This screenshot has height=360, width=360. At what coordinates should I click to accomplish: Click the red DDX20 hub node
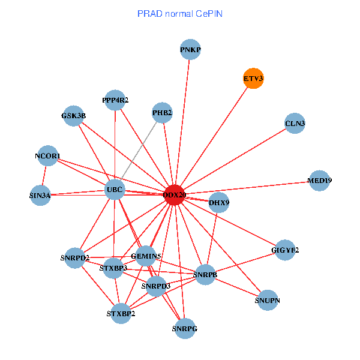[174, 195]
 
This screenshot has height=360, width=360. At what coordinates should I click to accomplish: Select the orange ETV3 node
[253, 79]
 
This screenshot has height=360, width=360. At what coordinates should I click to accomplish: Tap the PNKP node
[190, 50]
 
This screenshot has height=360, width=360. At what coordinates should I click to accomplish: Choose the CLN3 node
[295, 124]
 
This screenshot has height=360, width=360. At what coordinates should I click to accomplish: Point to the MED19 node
[319, 180]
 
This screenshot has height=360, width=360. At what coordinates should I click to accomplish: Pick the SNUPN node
[268, 300]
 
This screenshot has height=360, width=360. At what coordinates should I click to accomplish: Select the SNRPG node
[185, 328]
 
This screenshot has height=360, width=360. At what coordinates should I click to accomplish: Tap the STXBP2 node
[121, 313]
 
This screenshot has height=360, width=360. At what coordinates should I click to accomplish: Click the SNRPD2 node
[74, 258]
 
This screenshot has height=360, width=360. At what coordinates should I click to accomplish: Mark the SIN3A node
[40, 195]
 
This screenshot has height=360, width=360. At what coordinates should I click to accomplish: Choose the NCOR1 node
[47, 156]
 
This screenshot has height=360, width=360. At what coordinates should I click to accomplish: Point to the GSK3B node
[73, 115]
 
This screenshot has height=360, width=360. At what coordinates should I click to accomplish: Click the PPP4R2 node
[115, 100]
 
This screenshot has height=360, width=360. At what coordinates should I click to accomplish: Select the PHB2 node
[162, 112]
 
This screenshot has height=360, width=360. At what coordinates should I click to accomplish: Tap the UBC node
[114, 190]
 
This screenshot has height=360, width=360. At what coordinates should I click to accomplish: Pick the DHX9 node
[218, 203]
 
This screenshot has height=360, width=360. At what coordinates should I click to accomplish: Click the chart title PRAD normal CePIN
[179, 13]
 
